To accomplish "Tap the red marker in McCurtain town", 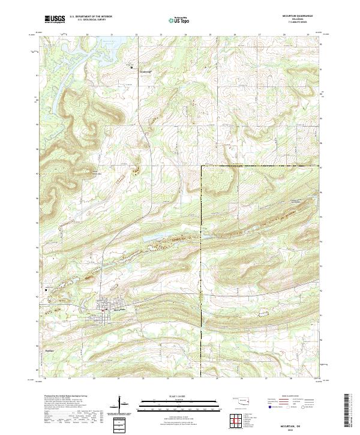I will click(103, 310).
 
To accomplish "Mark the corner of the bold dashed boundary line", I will click(202, 165).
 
